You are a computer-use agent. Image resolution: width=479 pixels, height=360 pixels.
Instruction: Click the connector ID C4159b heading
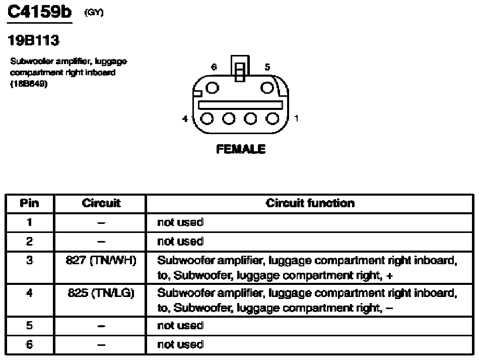pyautogui.click(x=40, y=12)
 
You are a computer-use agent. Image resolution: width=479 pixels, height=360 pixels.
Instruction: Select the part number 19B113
pyautogui.click(x=33, y=40)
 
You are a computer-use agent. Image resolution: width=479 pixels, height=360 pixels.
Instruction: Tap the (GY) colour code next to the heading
pyautogui.click(x=94, y=13)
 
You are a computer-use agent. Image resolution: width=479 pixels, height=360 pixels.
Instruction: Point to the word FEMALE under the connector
pyautogui.click(x=241, y=149)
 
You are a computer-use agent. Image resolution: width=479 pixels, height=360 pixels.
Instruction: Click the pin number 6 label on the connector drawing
pyautogui.click(x=214, y=67)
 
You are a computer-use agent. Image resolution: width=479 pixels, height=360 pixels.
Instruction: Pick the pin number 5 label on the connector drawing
pyautogui.click(x=267, y=67)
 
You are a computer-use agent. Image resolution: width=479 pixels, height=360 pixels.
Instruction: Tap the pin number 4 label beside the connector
pyautogui.click(x=185, y=118)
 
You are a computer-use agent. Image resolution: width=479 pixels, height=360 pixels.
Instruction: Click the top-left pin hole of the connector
pyautogui.click(x=213, y=88)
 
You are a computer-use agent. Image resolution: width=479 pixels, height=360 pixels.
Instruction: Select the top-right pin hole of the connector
pyautogui.click(x=267, y=88)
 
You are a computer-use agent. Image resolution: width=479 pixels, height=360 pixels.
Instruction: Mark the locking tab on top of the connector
pyautogui.click(x=240, y=69)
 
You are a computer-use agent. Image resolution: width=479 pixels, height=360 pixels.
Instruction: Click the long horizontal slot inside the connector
pyautogui.click(x=240, y=105)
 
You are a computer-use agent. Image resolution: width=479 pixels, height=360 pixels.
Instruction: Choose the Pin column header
pyautogui.click(x=29, y=203)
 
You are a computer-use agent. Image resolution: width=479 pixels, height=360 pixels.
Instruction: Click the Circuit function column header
pyautogui.click(x=310, y=203)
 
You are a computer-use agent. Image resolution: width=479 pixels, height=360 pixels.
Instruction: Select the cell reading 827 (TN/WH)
pyautogui.click(x=101, y=260)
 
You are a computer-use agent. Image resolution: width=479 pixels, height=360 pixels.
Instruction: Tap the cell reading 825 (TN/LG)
pyautogui.click(x=101, y=293)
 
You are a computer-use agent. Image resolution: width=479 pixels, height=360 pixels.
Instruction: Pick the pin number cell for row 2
pyautogui.click(x=29, y=242)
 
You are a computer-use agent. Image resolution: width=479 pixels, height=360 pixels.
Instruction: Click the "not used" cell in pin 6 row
pyautogui.click(x=180, y=344)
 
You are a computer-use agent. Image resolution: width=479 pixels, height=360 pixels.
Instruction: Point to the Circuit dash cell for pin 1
pyautogui.click(x=101, y=223)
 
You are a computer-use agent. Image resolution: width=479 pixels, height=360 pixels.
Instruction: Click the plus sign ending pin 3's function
pyautogui.click(x=389, y=276)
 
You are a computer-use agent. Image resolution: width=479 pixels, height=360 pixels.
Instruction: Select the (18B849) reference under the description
pyautogui.click(x=29, y=84)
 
